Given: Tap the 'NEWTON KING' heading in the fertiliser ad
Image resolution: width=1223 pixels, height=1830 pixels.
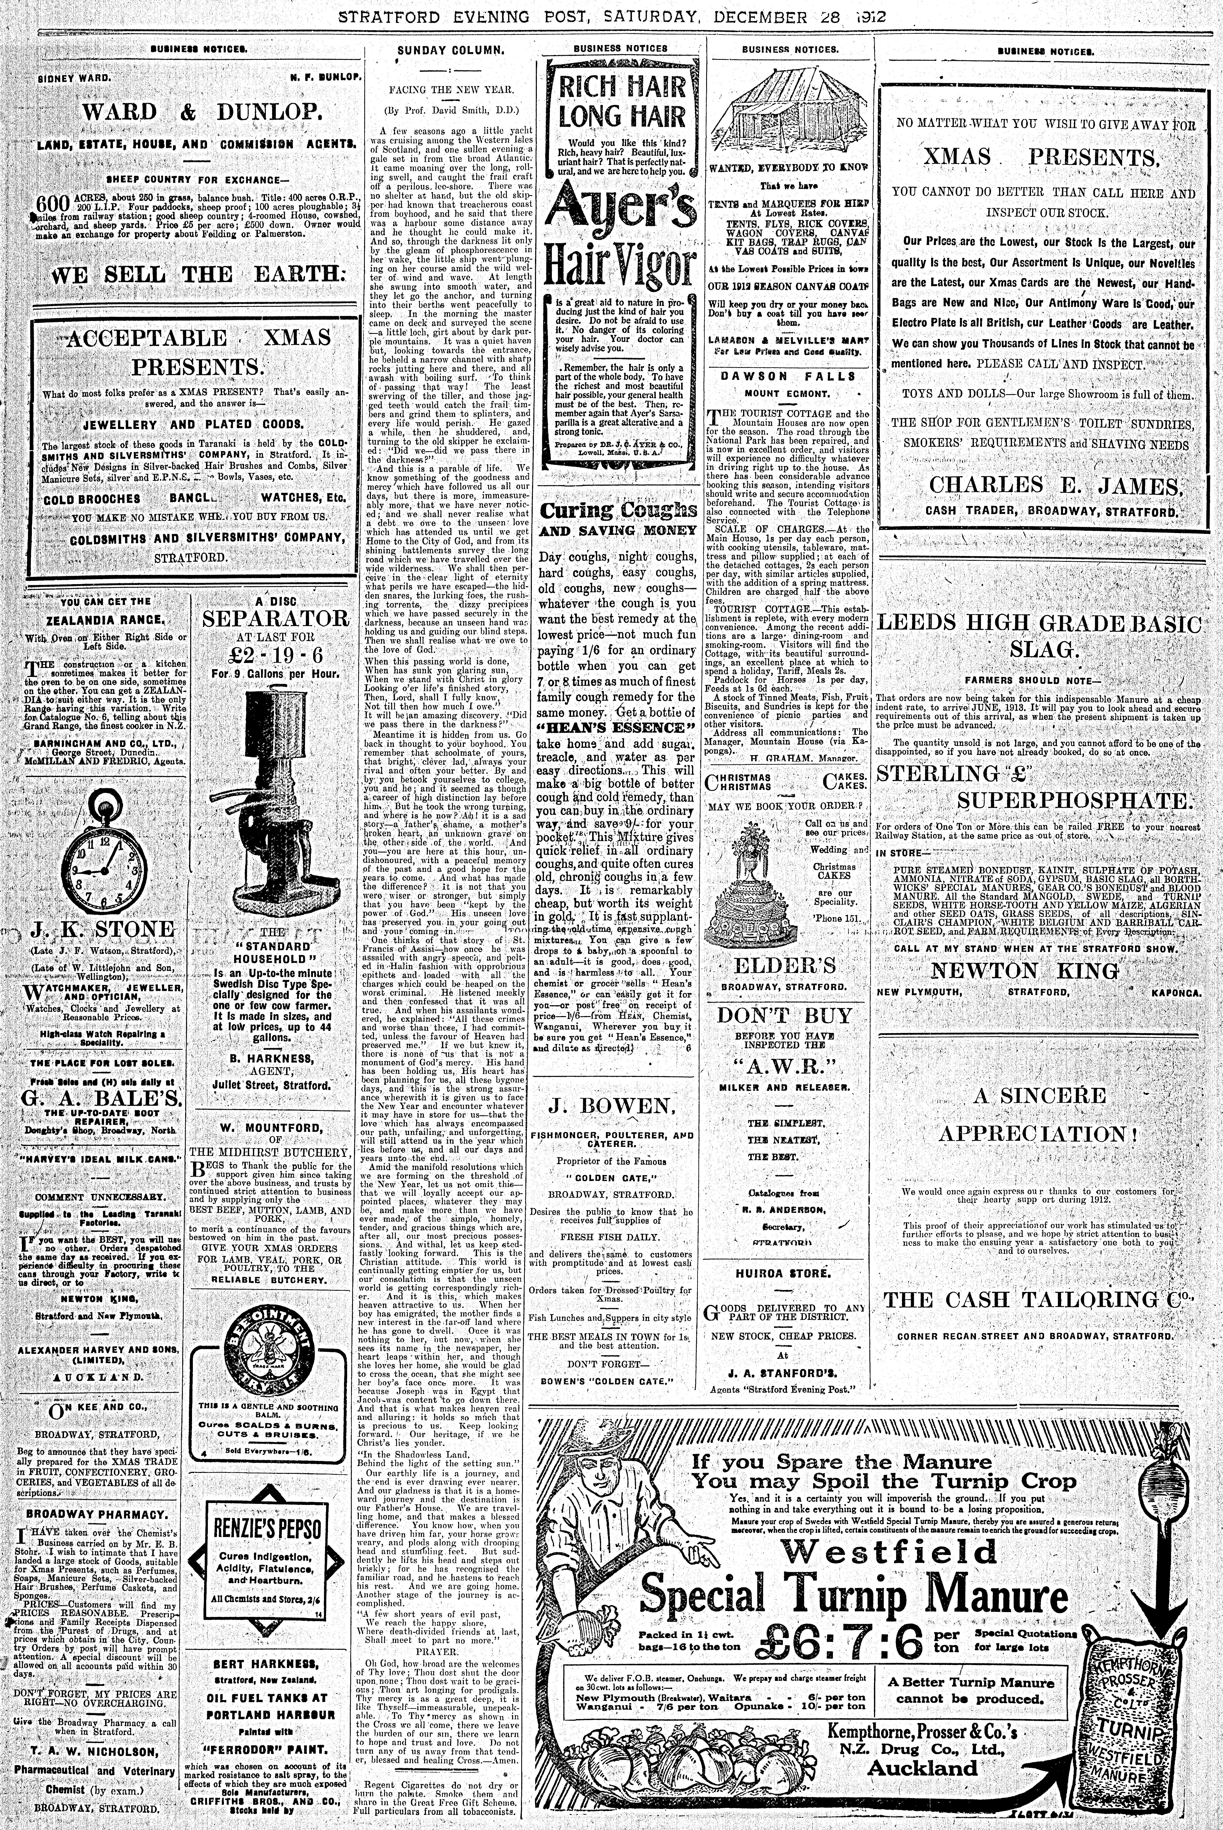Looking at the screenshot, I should coord(1024,971).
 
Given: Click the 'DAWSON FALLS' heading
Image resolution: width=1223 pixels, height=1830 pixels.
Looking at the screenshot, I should coord(790,376).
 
